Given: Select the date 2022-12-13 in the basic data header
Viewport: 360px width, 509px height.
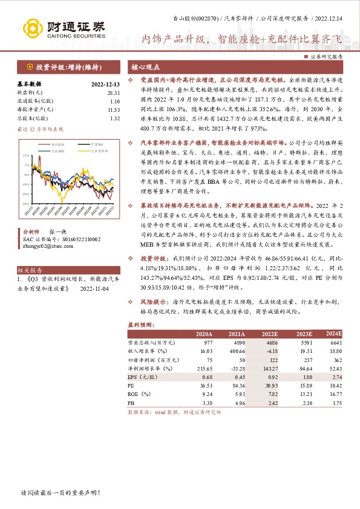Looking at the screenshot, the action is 105,84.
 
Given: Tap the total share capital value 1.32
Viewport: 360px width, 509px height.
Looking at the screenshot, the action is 114,118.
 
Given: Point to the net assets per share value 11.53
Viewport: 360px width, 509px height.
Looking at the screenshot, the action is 113,109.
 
